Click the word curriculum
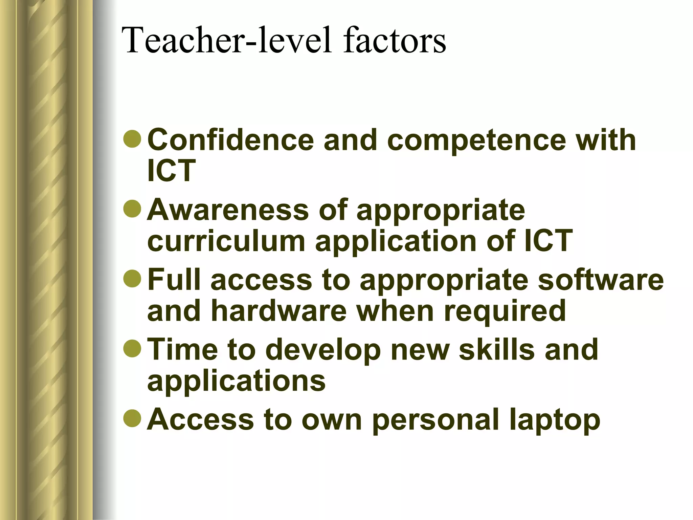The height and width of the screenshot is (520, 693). (x=226, y=241)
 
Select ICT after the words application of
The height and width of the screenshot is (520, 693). (x=548, y=241)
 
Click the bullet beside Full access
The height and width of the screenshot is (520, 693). (x=132, y=279)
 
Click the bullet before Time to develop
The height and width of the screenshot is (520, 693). (x=132, y=348)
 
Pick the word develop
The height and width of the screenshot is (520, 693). (x=325, y=350)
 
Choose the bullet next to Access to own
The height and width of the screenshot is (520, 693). (x=132, y=418)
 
